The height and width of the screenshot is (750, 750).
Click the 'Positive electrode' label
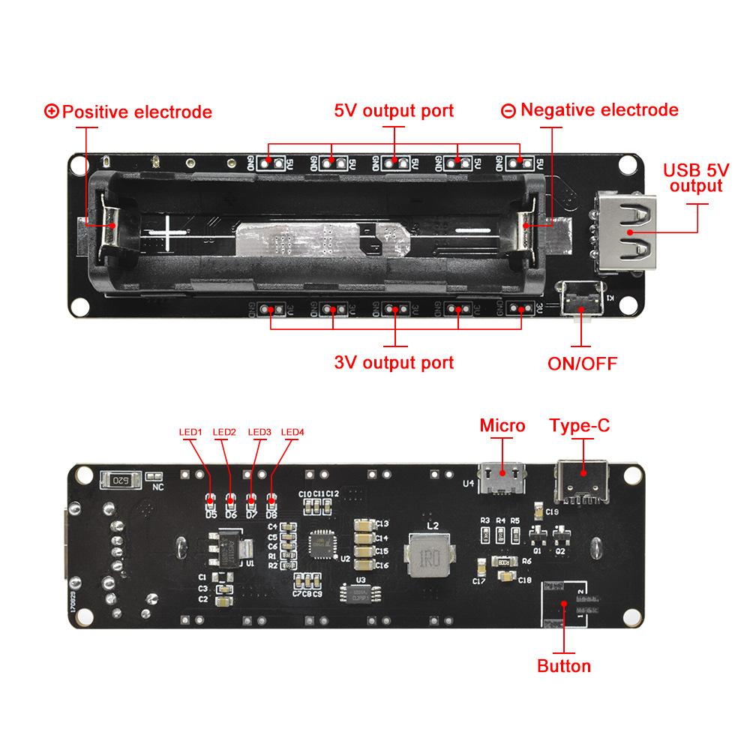[129, 112]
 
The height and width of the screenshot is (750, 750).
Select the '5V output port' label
[394, 111]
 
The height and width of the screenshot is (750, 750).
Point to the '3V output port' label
[394, 363]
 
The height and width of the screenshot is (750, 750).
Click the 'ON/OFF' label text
[582, 364]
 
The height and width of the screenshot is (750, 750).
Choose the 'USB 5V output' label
[695, 178]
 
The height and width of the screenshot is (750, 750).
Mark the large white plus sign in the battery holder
[170, 234]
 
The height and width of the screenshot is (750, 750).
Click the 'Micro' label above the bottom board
[502, 426]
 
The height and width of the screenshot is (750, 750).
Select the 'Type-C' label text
[580, 426]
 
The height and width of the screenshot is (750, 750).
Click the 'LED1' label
[190, 432]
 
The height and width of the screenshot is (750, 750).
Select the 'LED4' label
[292, 432]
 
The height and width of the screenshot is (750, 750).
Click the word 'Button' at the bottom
[564, 665]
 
